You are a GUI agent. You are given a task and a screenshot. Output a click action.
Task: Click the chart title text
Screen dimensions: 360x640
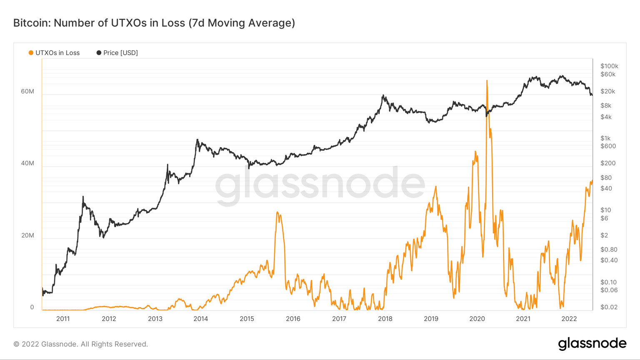(x=154, y=23)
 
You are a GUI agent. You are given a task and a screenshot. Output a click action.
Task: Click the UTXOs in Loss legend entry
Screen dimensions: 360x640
(x=54, y=53)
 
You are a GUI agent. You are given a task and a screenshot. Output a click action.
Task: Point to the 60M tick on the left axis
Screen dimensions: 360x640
(x=27, y=92)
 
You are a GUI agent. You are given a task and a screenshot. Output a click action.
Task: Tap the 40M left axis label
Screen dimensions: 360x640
(x=27, y=163)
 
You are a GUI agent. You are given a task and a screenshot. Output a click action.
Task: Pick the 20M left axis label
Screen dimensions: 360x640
(x=27, y=235)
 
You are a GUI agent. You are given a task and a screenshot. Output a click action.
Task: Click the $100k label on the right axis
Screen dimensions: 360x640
(x=609, y=66)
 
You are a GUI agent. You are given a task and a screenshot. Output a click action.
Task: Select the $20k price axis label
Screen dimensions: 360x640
(x=607, y=91)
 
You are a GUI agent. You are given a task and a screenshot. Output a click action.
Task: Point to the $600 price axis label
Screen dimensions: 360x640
(x=608, y=146)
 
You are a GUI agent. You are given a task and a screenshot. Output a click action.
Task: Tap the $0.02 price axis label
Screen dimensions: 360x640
(x=609, y=307)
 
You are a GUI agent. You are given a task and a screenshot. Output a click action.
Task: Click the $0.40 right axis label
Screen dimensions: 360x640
(x=609, y=260)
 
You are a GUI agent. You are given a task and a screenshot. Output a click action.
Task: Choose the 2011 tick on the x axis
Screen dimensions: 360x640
(x=63, y=319)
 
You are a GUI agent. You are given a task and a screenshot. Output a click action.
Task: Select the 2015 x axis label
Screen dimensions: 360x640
(x=247, y=319)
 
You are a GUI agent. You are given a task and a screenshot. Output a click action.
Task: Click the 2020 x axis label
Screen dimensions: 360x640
(x=477, y=319)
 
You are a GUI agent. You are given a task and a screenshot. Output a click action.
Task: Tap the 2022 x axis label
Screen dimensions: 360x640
(x=569, y=319)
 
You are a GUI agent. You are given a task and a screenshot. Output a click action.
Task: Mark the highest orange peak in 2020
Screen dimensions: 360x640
(x=487, y=80)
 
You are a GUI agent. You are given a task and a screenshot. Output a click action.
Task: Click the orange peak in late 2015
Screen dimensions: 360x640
(x=277, y=212)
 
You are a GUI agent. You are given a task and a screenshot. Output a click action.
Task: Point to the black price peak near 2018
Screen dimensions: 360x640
(x=383, y=95)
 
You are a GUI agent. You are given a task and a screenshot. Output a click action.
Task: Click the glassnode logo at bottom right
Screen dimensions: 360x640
(x=592, y=344)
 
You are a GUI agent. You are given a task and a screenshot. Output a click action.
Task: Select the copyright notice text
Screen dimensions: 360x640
(x=81, y=344)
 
